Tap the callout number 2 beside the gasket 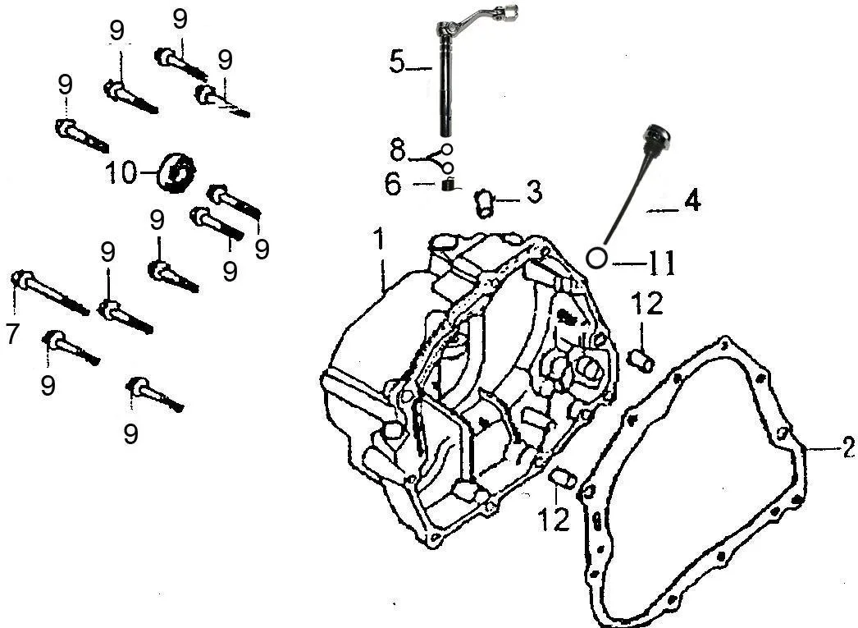pyautogui.click(x=849, y=447)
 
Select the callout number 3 pyautogui.click(x=533, y=192)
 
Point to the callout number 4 pyautogui.click(x=692, y=200)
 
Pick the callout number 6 pyautogui.click(x=393, y=185)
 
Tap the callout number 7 pyautogui.click(x=13, y=334)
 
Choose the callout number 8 pyautogui.click(x=398, y=150)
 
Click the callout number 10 pyautogui.click(x=121, y=173)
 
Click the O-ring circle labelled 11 pyautogui.click(x=596, y=258)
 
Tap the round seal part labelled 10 pyautogui.click(x=176, y=172)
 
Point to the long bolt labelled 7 pyautogui.click(x=50, y=292)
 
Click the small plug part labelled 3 pyautogui.click(x=483, y=204)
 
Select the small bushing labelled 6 pyautogui.click(x=449, y=186)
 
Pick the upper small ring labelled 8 pyautogui.click(x=446, y=149)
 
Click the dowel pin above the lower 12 pyautogui.click(x=563, y=478)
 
